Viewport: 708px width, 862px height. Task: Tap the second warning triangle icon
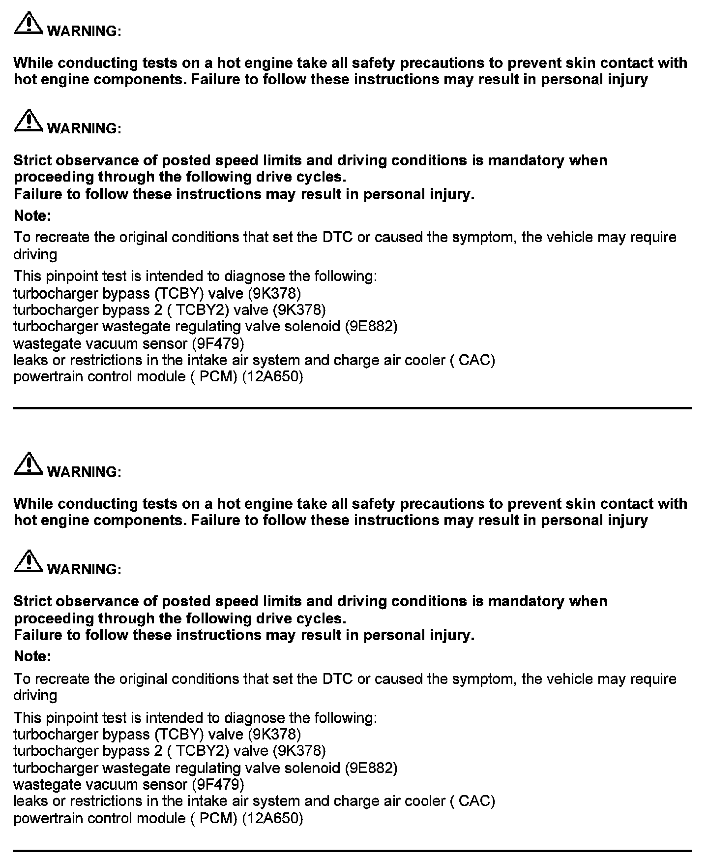coord(29,121)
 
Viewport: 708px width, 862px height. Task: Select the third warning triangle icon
coord(29,464)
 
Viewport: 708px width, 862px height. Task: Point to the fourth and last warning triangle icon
coord(29,562)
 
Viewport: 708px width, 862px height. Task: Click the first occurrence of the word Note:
coord(32,216)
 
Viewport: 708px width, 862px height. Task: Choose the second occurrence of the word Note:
coord(32,656)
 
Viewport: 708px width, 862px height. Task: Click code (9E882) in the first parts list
coord(371,327)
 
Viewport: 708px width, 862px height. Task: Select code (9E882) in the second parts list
coord(371,768)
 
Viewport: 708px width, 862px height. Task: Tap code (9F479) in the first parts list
coord(218,343)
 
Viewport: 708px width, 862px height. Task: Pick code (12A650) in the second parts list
coord(273,818)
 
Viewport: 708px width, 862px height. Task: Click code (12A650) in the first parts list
coord(273,377)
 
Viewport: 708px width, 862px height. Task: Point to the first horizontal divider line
coord(352,408)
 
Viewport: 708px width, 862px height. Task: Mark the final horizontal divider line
coord(352,850)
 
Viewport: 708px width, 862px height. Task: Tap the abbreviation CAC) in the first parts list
coord(476,361)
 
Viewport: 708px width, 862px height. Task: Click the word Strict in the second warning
coord(32,161)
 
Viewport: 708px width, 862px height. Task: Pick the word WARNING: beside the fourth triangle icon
coord(84,570)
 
